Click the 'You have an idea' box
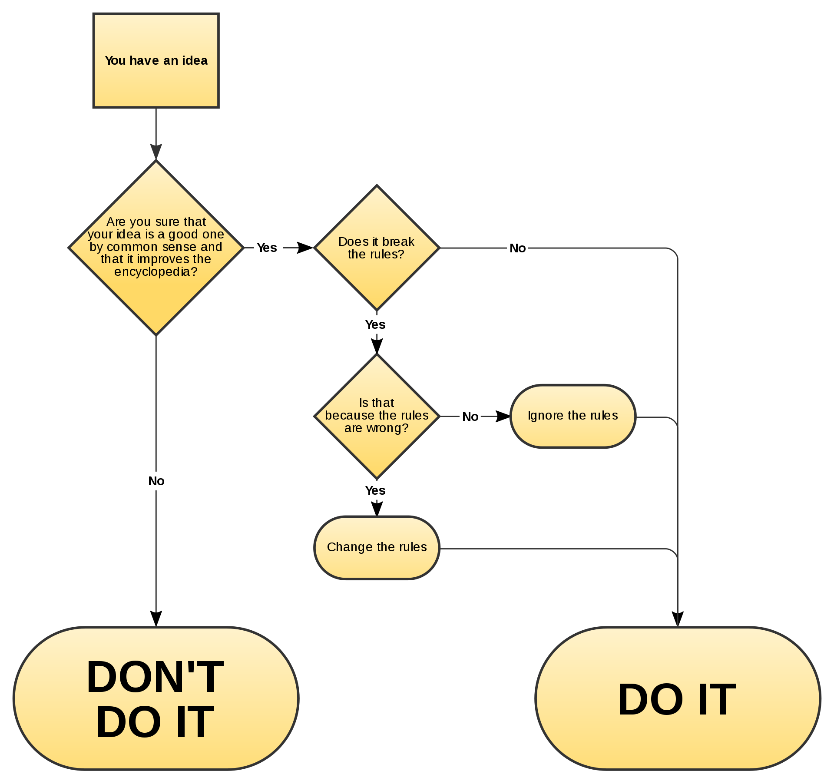coord(156,60)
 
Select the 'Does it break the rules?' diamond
coord(377,248)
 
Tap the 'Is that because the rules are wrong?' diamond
coord(377,416)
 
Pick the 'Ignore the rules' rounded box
coord(573,416)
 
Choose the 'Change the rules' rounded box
coord(377,547)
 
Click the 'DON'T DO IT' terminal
coord(156,698)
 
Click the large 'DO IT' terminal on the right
coord(678,698)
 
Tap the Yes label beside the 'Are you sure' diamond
coord(268,248)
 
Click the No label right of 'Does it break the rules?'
coord(517,248)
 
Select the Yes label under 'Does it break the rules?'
coord(376,324)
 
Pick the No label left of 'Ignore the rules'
coord(470,417)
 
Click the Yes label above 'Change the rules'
coord(376,490)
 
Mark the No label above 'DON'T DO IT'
coord(156,481)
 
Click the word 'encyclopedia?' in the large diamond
coord(156,272)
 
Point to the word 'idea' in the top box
coord(195,60)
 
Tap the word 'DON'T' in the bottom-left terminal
coord(155,677)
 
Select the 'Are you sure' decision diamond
coord(156,248)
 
